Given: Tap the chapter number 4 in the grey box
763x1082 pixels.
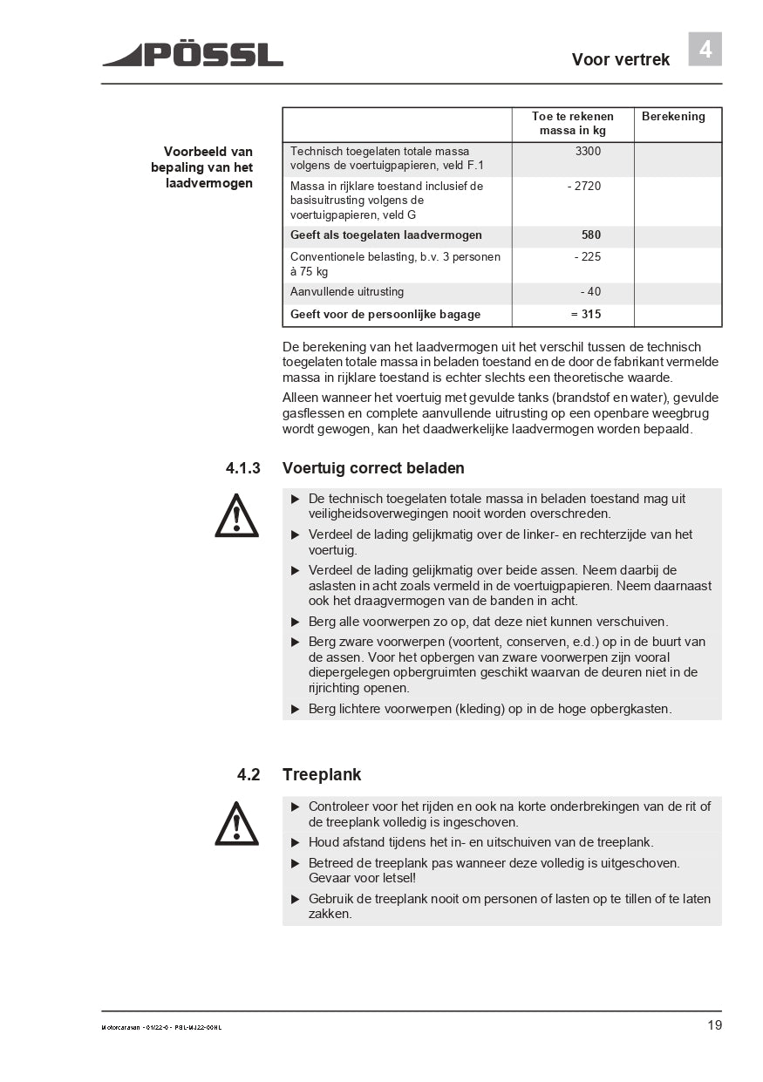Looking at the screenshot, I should click(705, 50).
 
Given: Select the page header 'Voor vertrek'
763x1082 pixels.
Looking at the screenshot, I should click(620, 59).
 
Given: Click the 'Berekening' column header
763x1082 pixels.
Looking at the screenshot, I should click(673, 116).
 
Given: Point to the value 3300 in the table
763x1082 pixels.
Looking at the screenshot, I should click(588, 151).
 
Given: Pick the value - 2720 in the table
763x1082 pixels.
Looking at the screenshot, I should click(583, 186).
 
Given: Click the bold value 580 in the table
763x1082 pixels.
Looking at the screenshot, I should click(590, 235).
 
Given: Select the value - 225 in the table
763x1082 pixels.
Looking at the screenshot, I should click(587, 257).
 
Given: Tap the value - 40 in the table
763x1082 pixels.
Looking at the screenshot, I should click(590, 292).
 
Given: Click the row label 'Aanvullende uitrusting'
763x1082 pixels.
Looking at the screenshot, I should click(347, 292).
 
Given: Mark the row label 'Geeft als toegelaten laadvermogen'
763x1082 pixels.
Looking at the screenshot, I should click(386, 235).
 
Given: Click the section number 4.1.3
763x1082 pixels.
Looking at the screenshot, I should click(242, 468).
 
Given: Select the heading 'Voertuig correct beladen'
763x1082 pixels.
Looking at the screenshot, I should click(373, 468).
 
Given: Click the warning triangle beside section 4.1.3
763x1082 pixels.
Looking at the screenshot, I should click(236, 515).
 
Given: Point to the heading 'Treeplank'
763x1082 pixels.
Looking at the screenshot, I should click(321, 774).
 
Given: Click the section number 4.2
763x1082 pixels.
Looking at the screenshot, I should click(249, 774).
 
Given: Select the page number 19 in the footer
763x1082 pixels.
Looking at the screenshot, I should click(714, 1025).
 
